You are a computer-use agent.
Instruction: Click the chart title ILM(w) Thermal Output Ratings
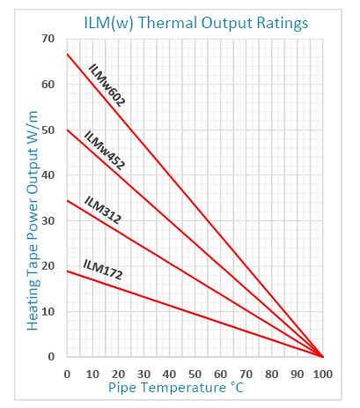(x=196, y=24)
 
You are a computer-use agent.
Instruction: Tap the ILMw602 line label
(x=107, y=85)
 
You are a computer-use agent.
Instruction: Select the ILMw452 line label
(x=105, y=151)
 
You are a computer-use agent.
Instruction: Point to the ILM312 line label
(x=102, y=210)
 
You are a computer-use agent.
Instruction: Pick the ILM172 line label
(x=102, y=270)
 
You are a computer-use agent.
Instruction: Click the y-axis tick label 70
(x=48, y=39)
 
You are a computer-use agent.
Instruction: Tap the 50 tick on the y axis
(x=48, y=130)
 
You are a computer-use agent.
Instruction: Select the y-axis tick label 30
(x=48, y=220)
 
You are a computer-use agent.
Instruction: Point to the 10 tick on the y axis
(x=48, y=311)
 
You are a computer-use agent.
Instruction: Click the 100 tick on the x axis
(x=323, y=375)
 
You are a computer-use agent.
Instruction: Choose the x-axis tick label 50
(x=195, y=375)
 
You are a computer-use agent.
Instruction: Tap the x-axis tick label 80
(x=272, y=375)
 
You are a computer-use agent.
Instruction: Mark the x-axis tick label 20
(x=118, y=375)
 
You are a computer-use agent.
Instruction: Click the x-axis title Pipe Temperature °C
(x=176, y=388)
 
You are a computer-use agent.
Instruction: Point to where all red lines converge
(x=323, y=357)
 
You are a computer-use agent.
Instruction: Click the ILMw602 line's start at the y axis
(x=67, y=54)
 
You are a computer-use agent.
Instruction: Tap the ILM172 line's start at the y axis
(x=67, y=271)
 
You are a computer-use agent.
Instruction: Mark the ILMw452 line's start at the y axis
(x=67, y=130)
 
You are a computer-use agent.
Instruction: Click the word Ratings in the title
(x=283, y=24)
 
